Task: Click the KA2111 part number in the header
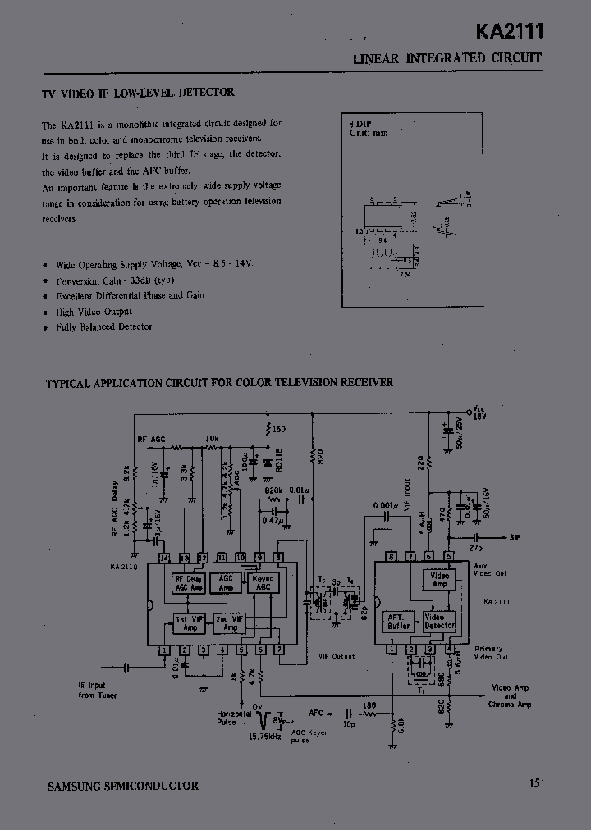click(510, 32)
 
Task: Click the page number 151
click(538, 783)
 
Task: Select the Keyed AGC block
click(264, 582)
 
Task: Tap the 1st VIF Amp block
click(189, 623)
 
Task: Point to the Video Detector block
click(439, 622)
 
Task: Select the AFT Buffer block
click(399, 622)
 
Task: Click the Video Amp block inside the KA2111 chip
click(439, 580)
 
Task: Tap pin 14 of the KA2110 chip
click(164, 559)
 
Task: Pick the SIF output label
click(515, 537)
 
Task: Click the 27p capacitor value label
click(476, 547)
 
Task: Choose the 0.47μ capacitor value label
click(273, 519)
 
